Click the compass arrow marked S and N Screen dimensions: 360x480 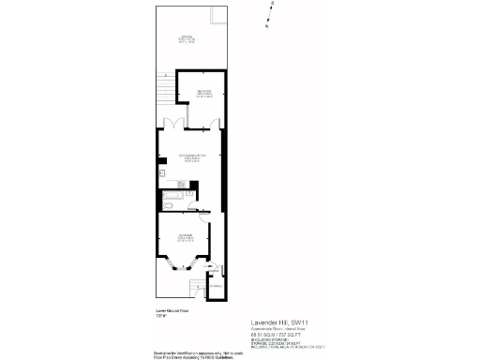(x=269, y=16)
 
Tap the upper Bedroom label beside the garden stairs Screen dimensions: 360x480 (x=202, y=93)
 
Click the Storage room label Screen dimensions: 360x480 (x=216, y=286)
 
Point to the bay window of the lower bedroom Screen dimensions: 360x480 (x=174, y=267)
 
